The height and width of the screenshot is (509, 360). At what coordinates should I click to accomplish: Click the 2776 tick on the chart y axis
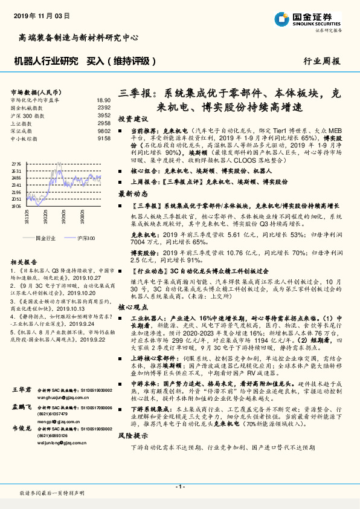click(16, 164)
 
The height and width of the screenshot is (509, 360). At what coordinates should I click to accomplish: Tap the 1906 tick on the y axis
click(16, 206)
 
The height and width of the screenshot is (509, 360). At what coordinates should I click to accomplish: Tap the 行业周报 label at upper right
click(321, 61)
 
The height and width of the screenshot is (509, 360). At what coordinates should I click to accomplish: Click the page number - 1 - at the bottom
click(179, 487)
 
